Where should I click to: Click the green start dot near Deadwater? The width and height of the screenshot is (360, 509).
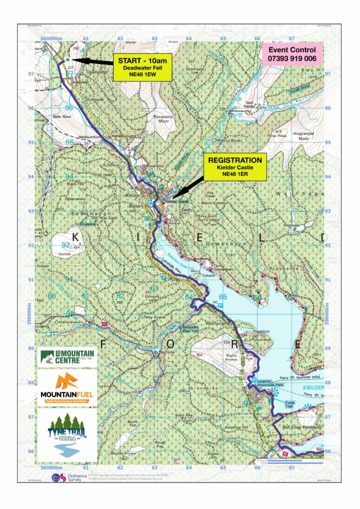(x=68, y=60)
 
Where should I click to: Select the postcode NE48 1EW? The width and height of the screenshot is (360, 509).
(x=141, y=75)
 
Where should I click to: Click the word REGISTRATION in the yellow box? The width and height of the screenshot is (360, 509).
(x=235, y=160)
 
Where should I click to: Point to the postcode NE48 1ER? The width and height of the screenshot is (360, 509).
(x=235, y=174)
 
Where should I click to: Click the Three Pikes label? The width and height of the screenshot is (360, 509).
(x=277, y=137)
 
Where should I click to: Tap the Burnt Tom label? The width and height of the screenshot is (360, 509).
(x=134, y=424)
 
